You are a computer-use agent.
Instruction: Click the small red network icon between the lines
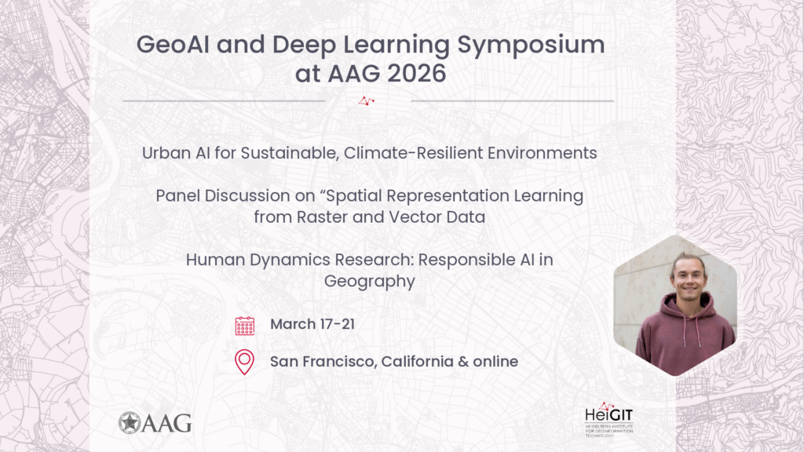[367, 100]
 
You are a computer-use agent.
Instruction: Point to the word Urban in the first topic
[166, 153]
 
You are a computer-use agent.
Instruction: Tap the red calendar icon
[245, 326]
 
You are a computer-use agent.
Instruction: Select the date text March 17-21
[312, 324]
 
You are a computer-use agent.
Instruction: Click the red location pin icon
[245, 362]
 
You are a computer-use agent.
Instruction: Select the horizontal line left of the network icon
[224, 100]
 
